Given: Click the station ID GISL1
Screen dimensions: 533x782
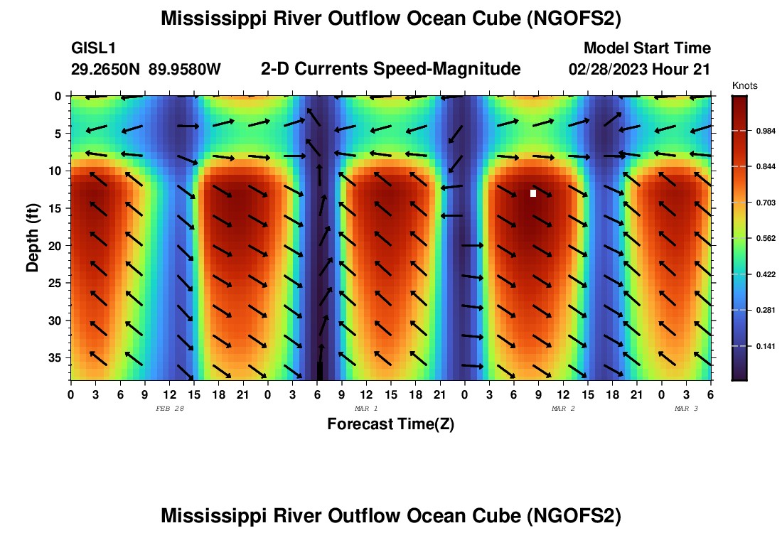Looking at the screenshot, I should click(x=94, y=48).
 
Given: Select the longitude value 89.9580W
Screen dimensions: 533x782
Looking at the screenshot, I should click(x=185, y=70).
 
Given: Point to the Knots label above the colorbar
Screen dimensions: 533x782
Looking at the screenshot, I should click(x=744, y=86).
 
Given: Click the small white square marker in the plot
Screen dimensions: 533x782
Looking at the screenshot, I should click(x=533, y=193).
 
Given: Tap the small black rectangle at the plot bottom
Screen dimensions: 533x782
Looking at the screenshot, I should click(x=320, y=370).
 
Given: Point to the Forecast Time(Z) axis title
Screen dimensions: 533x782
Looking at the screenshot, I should click(x=390, y=424).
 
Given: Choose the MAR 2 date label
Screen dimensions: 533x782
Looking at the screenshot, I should click(x=563, y=409).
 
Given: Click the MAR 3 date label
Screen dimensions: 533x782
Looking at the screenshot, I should click(x=686, y=409).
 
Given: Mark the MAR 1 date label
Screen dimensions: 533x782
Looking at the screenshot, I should click(x=366, y=409).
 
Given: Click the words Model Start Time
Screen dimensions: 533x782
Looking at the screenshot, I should click(x=647, y=48).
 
